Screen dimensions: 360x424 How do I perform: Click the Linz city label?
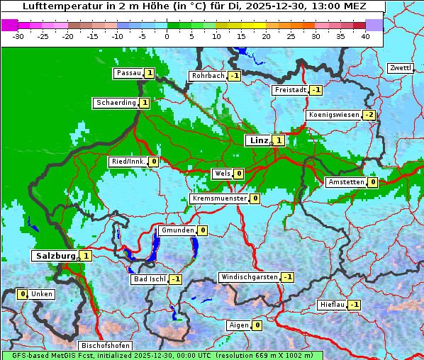[x=259, y=140]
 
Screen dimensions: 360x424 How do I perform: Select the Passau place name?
[x=128, y=73]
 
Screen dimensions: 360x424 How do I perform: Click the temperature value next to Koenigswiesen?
[x=369, y=115]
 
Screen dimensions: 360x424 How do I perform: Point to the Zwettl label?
[x=400, y=68]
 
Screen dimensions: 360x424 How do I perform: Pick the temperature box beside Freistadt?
[x=316, y=90]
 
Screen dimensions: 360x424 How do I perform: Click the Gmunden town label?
[x=177, y=230]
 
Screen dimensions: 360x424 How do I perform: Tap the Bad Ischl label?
[x=150, y=279]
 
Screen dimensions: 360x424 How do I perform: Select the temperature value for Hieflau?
[x=355, y=305]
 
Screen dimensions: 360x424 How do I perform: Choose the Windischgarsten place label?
[x=249, y=277]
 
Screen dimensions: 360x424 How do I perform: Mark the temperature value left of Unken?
[x=23, y=294]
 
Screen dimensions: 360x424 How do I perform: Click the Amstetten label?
[x=345, y=182]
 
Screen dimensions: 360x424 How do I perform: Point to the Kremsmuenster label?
[x=219, y=198]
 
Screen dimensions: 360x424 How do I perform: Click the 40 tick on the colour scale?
[x=365, y=35]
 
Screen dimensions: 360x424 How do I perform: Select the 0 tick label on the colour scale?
[x=167, y=35]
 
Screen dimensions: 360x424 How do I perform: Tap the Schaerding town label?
[x=116, y=103]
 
